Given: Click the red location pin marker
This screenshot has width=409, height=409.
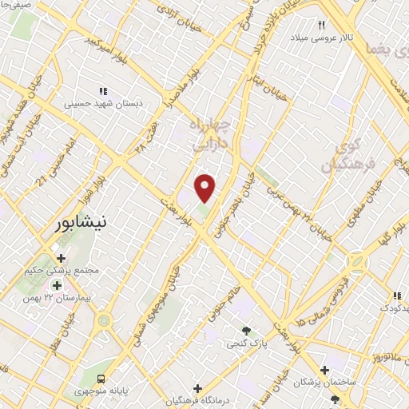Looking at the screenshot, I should coord(206,188).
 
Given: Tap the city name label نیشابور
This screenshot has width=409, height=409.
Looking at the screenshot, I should coord(82,224).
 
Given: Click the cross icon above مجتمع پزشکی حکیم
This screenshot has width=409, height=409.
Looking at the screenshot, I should coord(62,257).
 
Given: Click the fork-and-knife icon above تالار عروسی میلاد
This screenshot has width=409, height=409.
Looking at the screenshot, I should coord(323,26).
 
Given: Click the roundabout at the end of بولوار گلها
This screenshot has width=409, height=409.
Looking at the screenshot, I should coord(356,261).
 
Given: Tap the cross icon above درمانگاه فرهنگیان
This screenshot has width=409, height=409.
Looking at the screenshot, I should coord(197,387).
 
